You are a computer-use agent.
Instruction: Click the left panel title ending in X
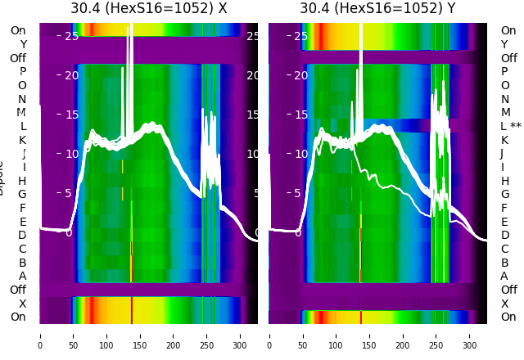coord(148,9)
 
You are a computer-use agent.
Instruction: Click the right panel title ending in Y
coord(377,9)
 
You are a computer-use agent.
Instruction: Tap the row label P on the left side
coord(23,71)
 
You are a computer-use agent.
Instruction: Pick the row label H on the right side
coord(505,181)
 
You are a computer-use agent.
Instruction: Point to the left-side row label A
coord(23,276)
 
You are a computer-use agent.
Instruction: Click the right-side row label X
coord(505,304)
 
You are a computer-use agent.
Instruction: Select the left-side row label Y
coord(23,44)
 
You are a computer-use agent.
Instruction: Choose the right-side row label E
coord(505,222)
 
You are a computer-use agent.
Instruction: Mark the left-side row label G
coord(22,194)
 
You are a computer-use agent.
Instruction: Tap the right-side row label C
coord(505,249)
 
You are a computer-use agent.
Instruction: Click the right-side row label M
coord(505,112)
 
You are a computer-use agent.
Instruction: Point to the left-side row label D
coord(22,235)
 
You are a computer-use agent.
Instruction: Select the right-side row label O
coord(505,85)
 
